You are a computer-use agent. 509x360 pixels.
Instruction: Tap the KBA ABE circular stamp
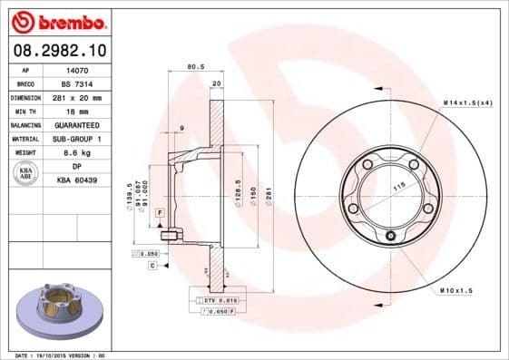tap(26, 172)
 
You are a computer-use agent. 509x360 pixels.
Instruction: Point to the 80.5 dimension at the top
tap(193, 66)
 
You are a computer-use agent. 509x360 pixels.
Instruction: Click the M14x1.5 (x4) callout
tap(468, 103)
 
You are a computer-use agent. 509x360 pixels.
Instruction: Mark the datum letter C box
tap(153, 267)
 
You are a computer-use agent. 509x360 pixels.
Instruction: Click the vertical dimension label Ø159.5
tap(131, 196)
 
